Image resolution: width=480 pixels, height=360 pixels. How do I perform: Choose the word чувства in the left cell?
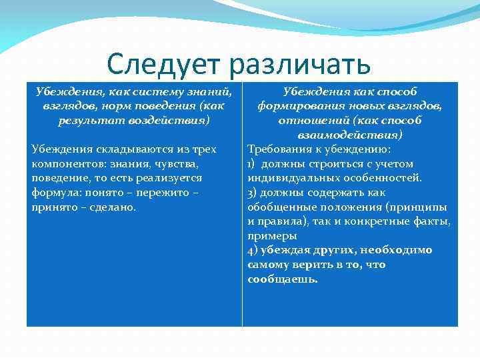[173, 163]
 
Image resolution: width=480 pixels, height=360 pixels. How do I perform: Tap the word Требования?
[278, 149]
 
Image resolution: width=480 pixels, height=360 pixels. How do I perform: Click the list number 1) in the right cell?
[252, 163]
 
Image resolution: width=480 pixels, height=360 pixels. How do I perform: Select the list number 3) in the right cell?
[252, 193]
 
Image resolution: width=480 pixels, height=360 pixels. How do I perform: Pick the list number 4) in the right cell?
[252, 250]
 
